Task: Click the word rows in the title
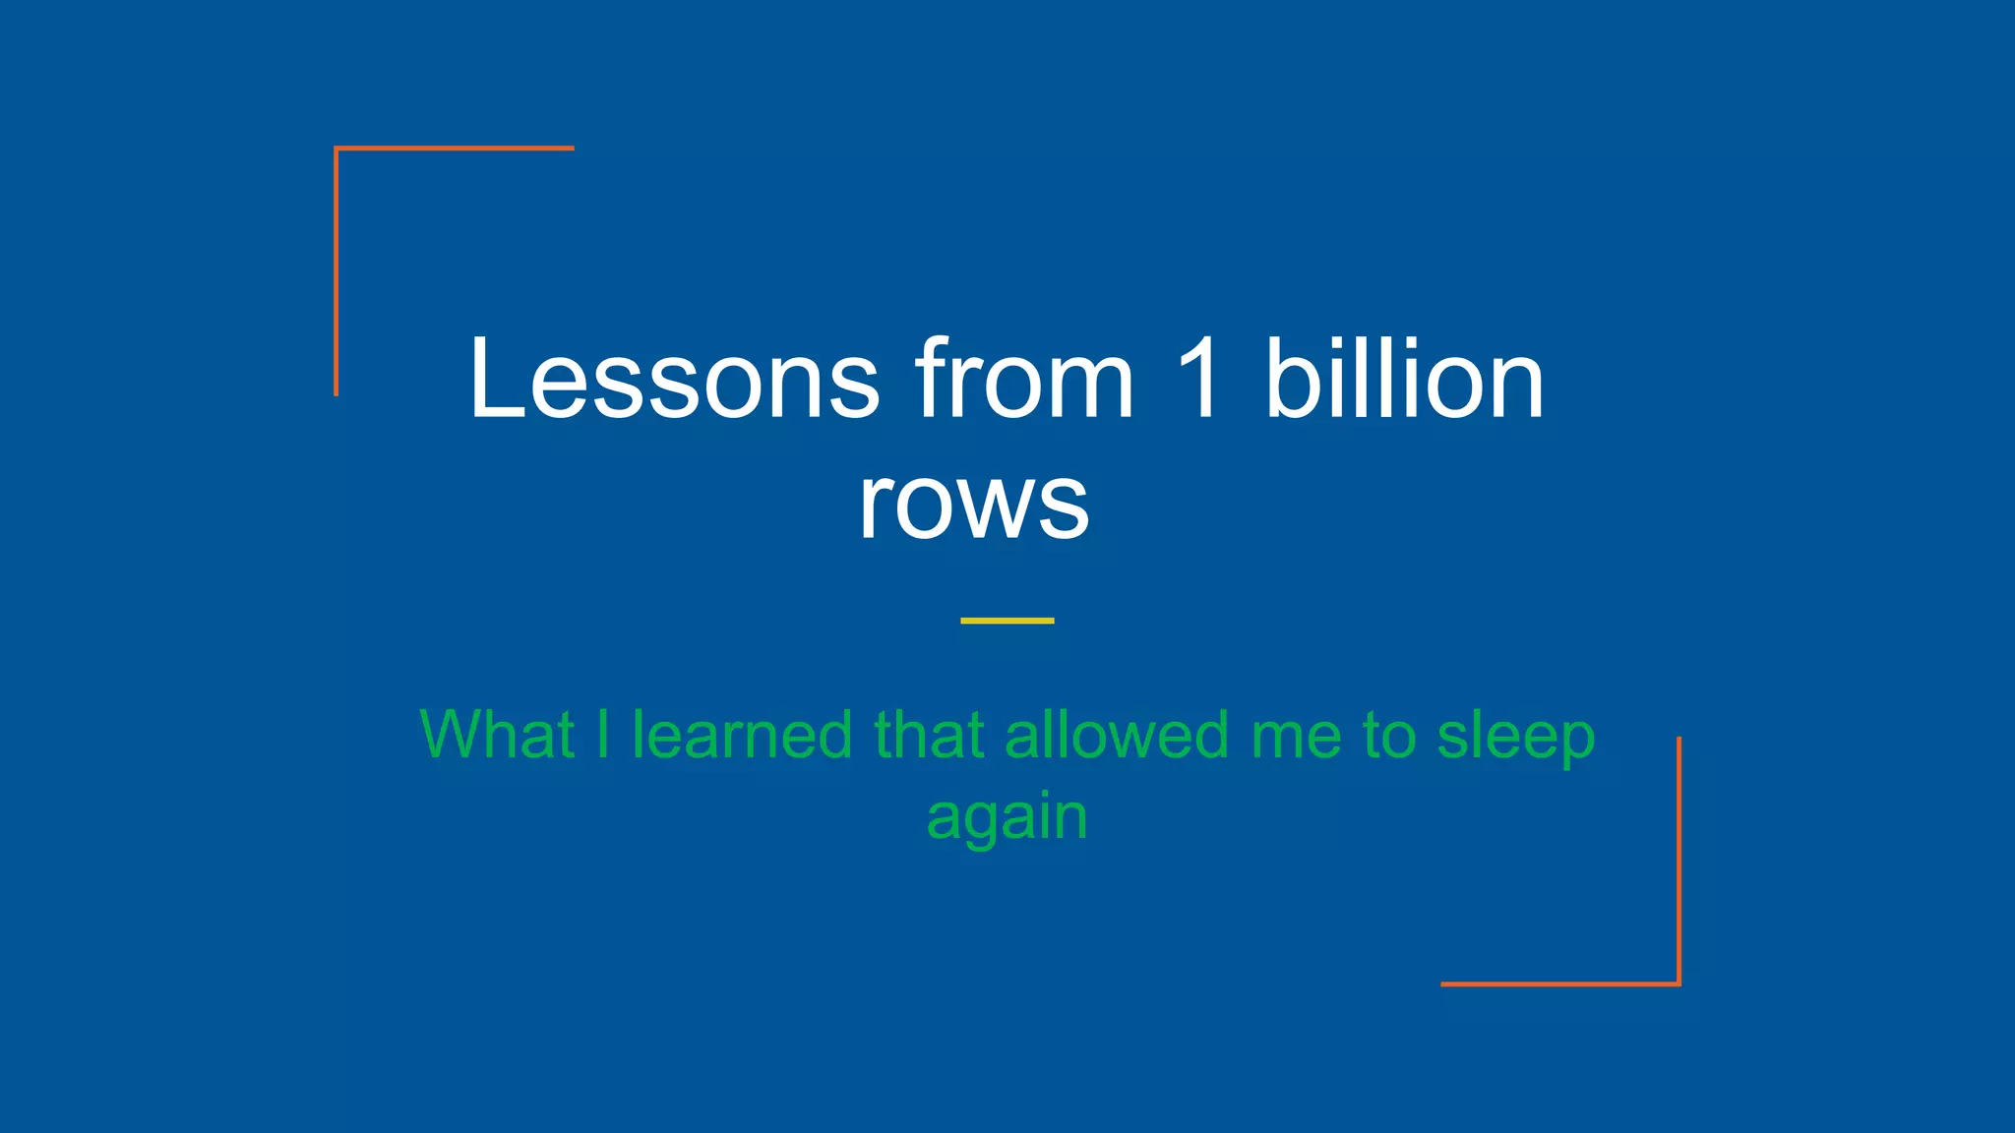click(x=973, y=504)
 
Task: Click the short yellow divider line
click(x=1007, y=621)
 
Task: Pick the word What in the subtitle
click(x=497, y=735)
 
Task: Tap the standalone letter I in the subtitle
click(x=603, y=735)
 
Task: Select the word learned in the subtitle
click(x=742, y=735)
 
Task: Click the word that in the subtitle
click(x=929, y=735)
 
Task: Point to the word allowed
click(x=1117, y=735)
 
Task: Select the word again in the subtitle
click(x=1007, y=818)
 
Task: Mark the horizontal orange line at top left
click(x=455, y=149)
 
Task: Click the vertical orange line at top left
click(x=336, y=271)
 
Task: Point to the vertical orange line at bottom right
click(x=1679, y=860)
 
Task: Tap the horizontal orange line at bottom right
click(x=1559, y=984)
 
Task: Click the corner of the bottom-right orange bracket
click(x=1679, y=984)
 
